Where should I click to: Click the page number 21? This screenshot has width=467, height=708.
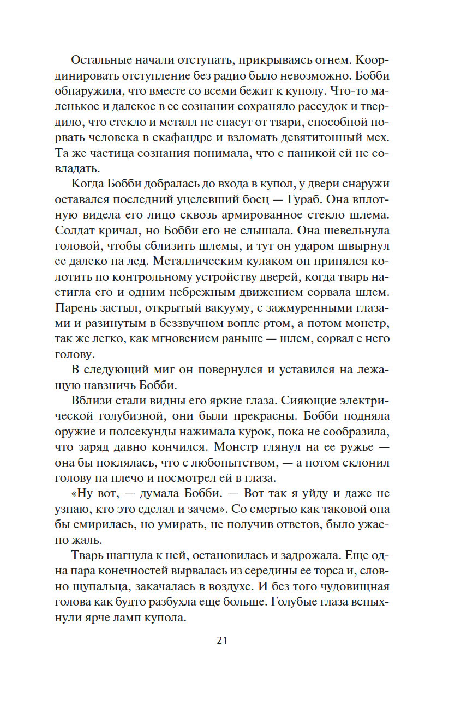pyautogui.click(x=221, y=640)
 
